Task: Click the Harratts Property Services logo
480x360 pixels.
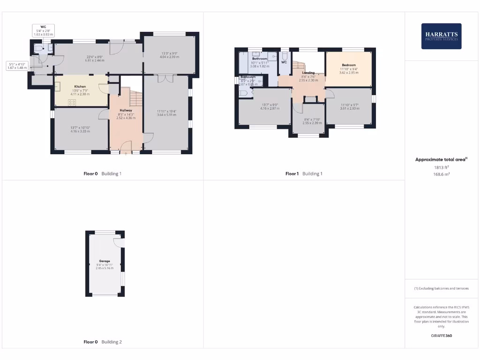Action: (x=441, y=36)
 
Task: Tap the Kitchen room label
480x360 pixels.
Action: (x=80, y=87)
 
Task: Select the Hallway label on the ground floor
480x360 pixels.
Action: (x=126, y=110)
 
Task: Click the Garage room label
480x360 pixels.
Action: (x=104, y=261)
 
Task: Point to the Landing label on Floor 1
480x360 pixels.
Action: (x=308, y=73)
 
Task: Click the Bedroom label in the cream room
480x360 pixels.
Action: (x=348, y=65)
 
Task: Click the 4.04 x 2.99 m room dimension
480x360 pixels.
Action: (x=170, y=57)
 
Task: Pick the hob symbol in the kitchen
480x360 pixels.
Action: (x=73, y=102)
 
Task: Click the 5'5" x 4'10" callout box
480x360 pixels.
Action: (x=18, y=66)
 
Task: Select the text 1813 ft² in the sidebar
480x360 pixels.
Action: (x=441, y=167)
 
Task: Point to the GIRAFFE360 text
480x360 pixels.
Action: (x=441, y=336)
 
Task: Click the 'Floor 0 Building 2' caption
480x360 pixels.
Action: (x=103, y=342)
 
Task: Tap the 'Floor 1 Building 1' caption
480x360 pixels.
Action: (x=304, y=173)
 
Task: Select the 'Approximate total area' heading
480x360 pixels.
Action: (x=441, y=160)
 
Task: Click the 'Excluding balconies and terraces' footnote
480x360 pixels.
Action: (x=441, y=288)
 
